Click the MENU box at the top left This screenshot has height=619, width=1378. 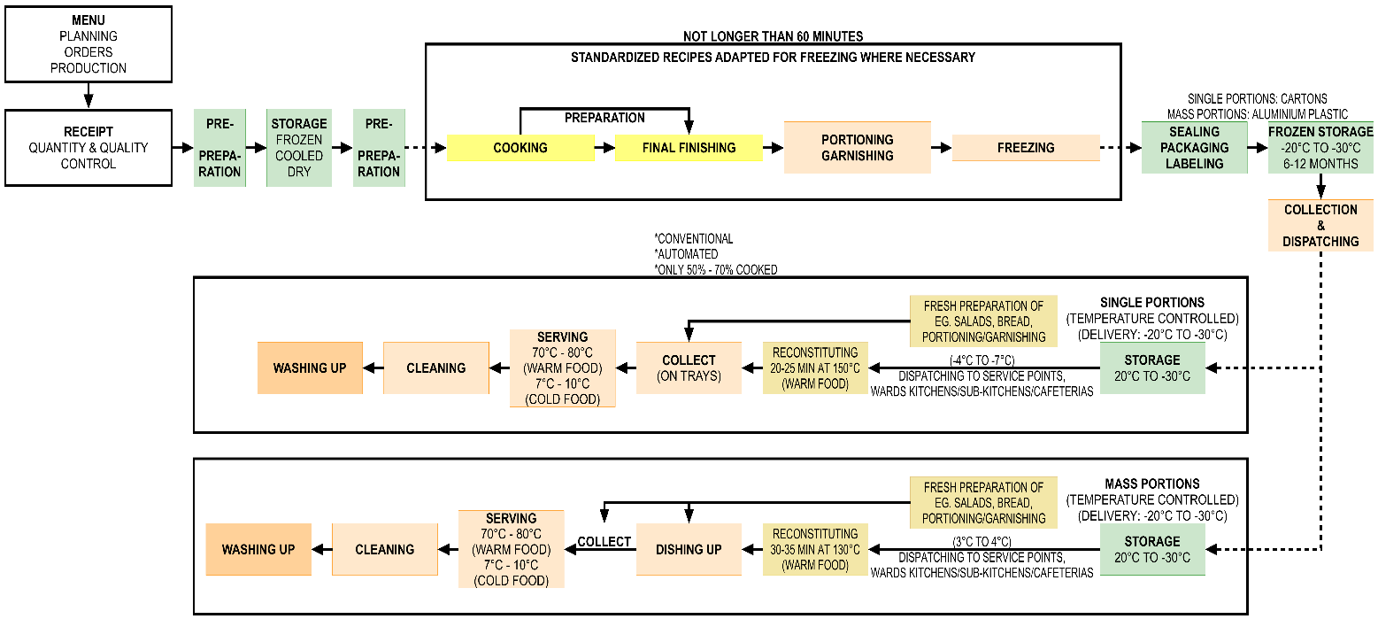(88, 43)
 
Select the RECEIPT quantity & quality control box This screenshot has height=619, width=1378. (88, 147)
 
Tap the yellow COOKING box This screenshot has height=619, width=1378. (520, 148)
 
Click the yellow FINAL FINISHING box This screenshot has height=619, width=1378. (689, 148)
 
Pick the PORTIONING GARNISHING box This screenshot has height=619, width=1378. (857, 147)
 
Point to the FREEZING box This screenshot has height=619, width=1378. (1025, 148)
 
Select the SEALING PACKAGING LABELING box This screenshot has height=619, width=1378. (1195, 148)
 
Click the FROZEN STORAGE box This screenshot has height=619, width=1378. (1320, 148)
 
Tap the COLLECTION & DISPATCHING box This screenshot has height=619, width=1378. (1320, 225)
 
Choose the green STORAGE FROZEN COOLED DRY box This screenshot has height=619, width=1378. (299, 148)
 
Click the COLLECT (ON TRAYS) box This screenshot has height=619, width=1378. (689, 368)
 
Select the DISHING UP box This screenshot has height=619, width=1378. (689, 549)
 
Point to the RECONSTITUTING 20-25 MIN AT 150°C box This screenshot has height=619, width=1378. (815, 368)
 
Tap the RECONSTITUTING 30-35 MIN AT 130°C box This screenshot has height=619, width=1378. (815, 549)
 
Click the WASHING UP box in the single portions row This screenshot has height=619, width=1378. (310, 368)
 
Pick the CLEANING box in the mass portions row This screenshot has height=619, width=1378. (385, 549)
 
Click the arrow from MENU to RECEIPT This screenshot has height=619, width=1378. (88, 95)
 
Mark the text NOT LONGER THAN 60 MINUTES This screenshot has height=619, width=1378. (773, 36)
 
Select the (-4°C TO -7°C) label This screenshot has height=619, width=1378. (982, 360)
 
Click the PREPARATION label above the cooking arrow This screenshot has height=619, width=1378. (604, 118)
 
